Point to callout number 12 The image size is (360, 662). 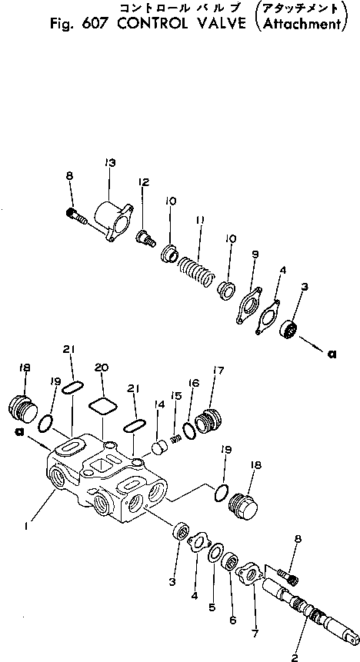coord(143,182)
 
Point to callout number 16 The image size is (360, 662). coord(192,382)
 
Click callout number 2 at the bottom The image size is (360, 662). coord(294,656)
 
